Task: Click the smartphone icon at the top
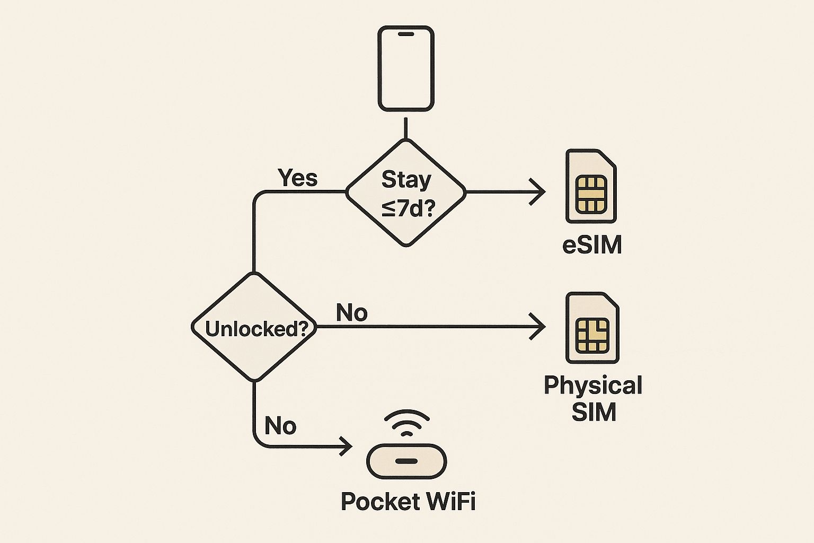point(406,69)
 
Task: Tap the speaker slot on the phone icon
point(406,34)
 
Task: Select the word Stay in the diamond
point(406,180)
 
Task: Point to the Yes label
point(298,178)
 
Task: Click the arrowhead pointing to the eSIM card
point(539,192)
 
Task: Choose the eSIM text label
point(591,246)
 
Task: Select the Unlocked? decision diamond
point(254,328)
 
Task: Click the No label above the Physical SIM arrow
point(352,313)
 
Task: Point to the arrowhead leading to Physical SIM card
point(539,327)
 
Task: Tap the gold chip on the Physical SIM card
point(592,335)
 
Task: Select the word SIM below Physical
point(594,412)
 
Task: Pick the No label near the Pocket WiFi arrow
point(280,426)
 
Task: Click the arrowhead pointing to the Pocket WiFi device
point(347,446)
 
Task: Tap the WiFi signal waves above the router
point(406,422)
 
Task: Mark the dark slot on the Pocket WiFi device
point(406,461)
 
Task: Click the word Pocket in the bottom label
point(377,502)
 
